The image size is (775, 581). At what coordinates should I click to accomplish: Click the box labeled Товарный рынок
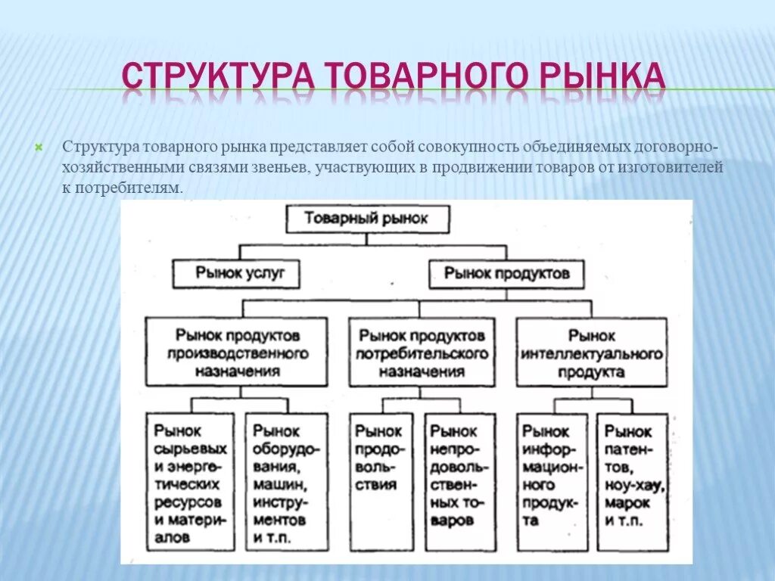coord(366,219)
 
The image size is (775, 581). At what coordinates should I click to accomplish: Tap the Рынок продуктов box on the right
coord(506,274)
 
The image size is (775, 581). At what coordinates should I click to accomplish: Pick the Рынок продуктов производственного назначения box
coord(238,353)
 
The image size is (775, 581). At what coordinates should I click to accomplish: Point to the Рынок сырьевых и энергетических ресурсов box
coord(188,483)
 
